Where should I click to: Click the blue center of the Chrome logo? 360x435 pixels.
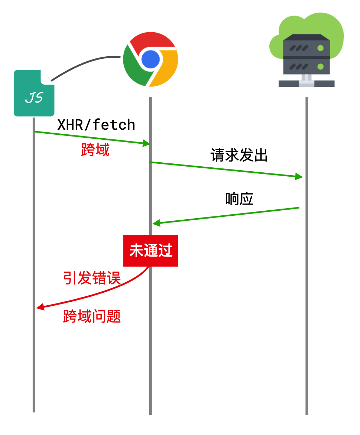tap(150, 59)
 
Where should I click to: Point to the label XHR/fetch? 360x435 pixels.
tap(96, 125)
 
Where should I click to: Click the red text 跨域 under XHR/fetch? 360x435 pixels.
tap(95, 149)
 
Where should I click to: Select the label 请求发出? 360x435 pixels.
tap(239, 155)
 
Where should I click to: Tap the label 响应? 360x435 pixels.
tap(239, 199)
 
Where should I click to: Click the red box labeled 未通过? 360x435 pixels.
tap(151, 250)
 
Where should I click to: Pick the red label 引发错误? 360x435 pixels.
tap(92, 278)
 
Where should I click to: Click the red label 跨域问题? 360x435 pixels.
tap(92, 316)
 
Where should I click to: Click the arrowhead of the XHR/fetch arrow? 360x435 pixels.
tap(146, 144)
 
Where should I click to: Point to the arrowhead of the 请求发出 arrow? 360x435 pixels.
tap(299, 176)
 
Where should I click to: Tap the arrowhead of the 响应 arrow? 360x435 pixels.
tap(156, 223)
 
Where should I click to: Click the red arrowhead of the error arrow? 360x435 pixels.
tap(40, 307)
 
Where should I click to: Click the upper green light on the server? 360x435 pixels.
tap(321, 48)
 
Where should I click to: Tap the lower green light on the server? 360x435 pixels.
tap(321, 66)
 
